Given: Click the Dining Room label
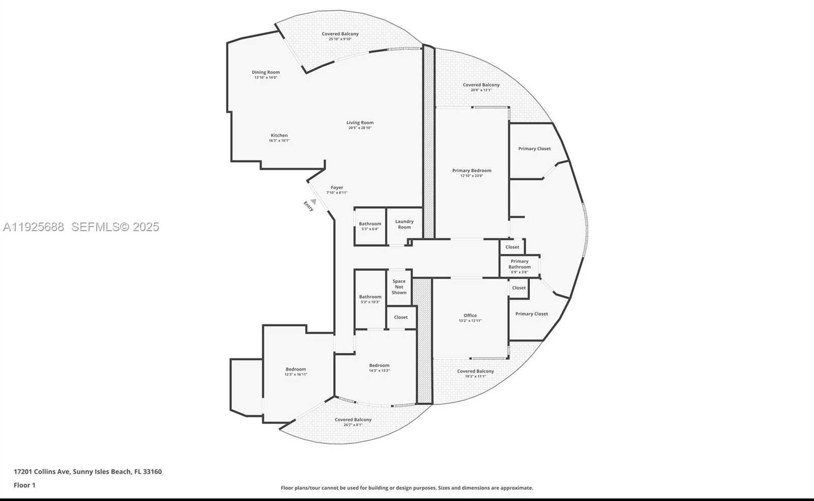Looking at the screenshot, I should pos(266,72).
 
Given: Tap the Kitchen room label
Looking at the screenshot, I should pos(279,135).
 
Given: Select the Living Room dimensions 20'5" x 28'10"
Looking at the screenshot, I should pos(360,128).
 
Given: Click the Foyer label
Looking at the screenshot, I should pos(337,187).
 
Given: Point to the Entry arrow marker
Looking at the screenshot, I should pos(313,202).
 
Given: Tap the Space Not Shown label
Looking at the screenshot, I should pos(399,287).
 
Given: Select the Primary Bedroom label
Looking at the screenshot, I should pos(472,171).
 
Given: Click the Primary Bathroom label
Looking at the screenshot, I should pos(519,264).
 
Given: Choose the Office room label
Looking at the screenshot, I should pos(470,316).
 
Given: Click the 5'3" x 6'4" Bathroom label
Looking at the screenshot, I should pos(370,224).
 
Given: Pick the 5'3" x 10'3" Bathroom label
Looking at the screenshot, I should pos(370,297).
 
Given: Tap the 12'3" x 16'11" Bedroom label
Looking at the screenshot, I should pos(296,370).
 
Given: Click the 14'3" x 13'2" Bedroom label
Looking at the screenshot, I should pos(379,366).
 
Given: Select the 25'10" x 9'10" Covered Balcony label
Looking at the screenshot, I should pos(340,34).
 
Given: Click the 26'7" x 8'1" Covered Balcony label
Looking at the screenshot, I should pos(353,420).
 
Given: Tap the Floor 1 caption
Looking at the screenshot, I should pos(24,485).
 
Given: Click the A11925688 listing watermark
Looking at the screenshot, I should pos(34,227).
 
